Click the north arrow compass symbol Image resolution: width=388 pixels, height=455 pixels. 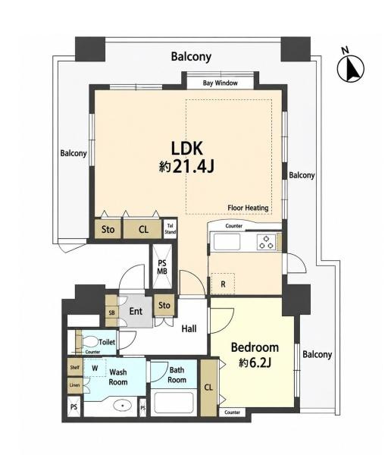coord(351,67)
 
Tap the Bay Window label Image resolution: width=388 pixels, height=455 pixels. coord(220,83)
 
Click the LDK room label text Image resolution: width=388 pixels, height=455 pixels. coord(186,149)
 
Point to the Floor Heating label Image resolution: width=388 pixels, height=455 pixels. coord(248,208)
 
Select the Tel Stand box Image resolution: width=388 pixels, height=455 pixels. coord(170,229)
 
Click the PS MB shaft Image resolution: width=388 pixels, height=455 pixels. coord(162,267)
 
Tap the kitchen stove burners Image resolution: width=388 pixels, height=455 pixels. coord(266,242)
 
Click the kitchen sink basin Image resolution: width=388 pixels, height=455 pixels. coord(227,242)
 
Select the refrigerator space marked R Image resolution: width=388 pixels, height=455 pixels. coord(223,284)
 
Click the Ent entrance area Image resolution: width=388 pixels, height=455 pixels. coord(136,311)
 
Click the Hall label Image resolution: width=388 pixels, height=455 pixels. coord(189,329)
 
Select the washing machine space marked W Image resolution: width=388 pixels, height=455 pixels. coord(95,368)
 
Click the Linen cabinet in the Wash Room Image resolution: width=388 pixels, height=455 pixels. coord(75,385)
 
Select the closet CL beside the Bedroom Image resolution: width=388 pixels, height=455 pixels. coord(208,388)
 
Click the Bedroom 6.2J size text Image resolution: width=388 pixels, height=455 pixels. coord(255,362)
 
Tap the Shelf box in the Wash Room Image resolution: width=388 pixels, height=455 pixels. coord(75,367)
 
